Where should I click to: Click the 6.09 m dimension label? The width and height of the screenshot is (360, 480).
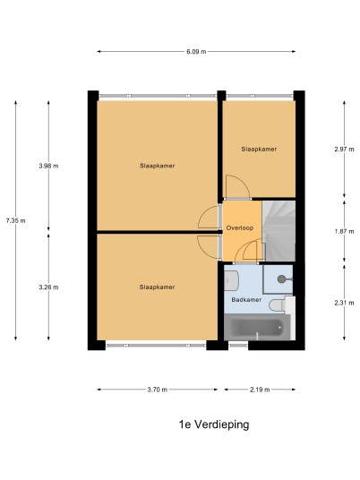(196, 52)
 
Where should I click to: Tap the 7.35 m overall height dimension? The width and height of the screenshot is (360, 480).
(15, 220)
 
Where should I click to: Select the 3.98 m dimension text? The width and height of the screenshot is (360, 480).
(48, 166)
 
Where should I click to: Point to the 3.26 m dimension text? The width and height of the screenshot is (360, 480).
(48, 287)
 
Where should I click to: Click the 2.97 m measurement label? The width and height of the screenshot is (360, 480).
(344, 150)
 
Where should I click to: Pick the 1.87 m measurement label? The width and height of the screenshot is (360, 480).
(344, 231)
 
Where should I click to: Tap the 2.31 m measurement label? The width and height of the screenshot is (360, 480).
(344, 303)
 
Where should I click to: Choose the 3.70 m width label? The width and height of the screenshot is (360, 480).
(158, 390)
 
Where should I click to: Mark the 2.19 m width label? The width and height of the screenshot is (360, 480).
(260, 390)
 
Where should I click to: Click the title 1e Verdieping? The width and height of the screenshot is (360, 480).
(214, 424)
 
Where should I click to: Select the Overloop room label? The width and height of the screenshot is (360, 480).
(240, 228)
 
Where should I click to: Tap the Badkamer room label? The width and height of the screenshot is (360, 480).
(246, 300)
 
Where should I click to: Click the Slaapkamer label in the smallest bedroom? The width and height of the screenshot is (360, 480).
(259, 149)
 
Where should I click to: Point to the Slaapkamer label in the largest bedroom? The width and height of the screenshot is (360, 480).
(158, 166)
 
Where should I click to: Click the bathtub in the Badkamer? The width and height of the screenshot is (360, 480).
(257, 327)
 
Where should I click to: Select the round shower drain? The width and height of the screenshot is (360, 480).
(281, 279)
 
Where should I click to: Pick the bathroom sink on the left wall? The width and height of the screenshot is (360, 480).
(231, 280)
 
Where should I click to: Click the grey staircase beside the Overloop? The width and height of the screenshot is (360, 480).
(279, 231)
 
